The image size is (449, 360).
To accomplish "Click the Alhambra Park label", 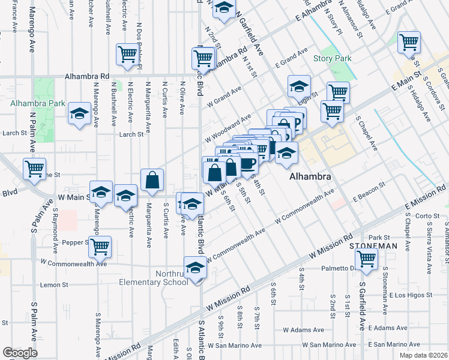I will pos(37,103).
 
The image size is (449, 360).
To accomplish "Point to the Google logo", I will pos(20,353).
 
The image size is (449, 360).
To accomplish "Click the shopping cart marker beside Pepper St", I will pos(100,245).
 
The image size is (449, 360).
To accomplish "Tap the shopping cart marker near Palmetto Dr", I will pos(366,259).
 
